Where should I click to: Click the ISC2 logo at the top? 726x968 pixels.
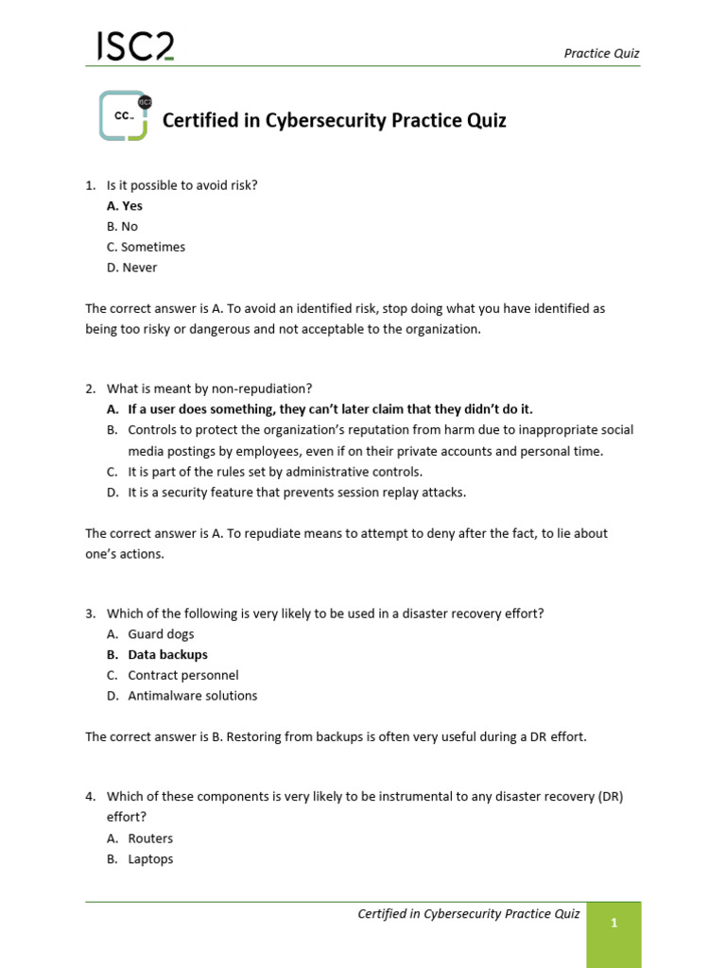[x=135, y=46]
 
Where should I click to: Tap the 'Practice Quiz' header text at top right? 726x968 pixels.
[x=601, y=53]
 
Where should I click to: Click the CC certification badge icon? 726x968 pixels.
[x=125, y=116]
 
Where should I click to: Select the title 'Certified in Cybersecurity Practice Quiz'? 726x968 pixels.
[x=335, y=121]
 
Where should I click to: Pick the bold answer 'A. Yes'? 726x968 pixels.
[x=125, y=205]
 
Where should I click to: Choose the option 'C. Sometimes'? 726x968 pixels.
[x=146, y=247]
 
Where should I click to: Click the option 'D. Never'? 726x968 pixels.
[x=132, y=268]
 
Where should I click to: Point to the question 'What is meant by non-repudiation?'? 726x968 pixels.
[x=209, y=389]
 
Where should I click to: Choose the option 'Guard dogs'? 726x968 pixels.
[x=161, y=634]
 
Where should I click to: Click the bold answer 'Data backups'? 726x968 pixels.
[x=167, y=654]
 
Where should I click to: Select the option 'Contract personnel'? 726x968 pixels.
[x=182, y=675]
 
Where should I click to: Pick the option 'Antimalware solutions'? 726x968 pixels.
[x=192, y=696]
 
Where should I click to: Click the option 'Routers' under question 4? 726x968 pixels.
[x=150, y=838]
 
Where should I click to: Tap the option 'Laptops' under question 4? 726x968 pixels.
[x=150, y=859]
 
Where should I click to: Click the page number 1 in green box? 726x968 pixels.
[x=614, y=924]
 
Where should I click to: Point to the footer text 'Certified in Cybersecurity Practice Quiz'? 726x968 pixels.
[x=468, y=913]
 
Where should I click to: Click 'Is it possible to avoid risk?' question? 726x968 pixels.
[x=181, y=185]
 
